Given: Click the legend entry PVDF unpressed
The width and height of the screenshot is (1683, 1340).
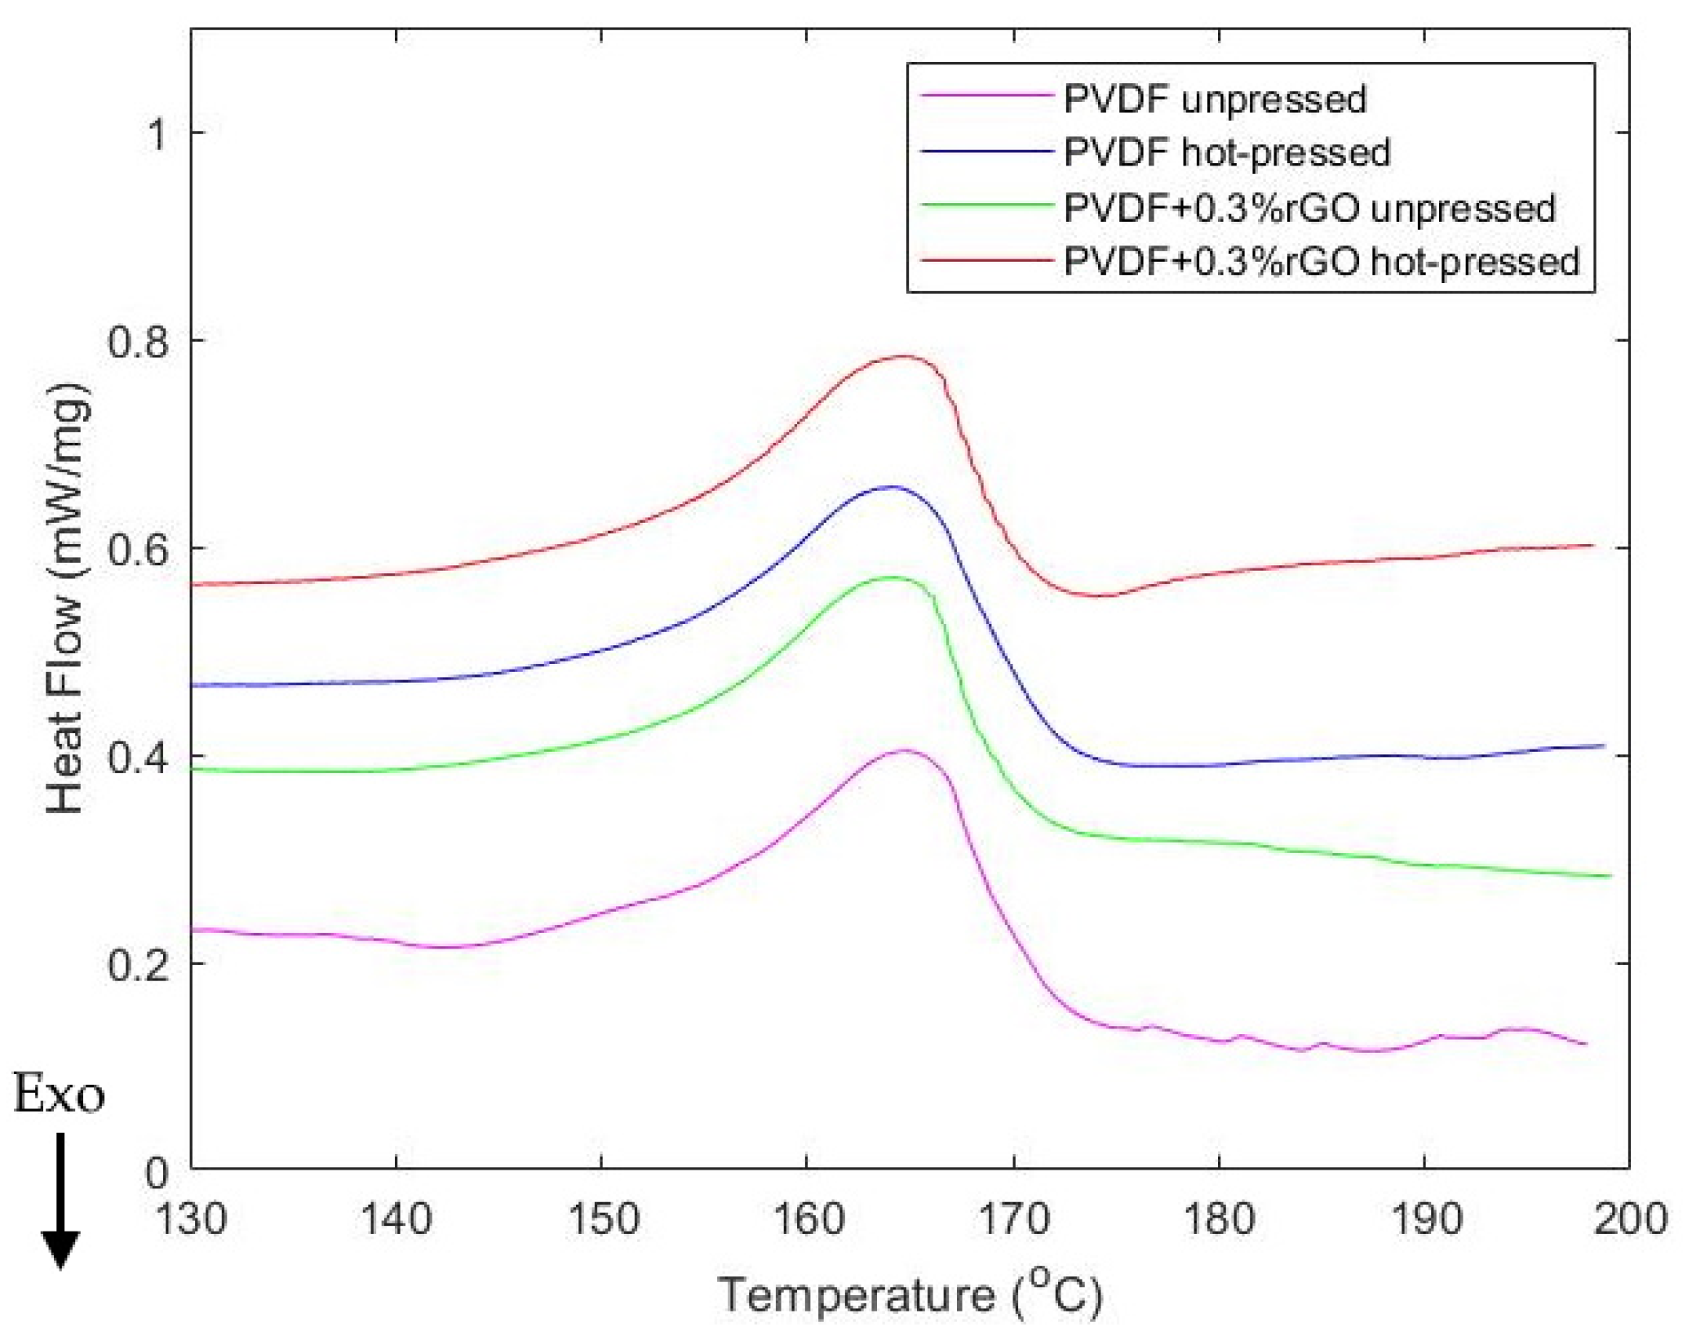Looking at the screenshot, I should pyautogui.click(x=1215, y=100).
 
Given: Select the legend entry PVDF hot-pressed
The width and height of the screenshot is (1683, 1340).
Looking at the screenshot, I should pyautogui.click(x=1227, y=153).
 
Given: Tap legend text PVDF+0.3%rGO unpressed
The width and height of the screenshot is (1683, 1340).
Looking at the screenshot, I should pyautogui.click(x=1309, y=209).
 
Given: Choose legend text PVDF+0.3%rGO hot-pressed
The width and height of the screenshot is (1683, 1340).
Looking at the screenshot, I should pyautogui.click(x=1322, y=262).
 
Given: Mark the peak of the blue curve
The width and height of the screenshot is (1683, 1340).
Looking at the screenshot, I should pyautogui.click(x=891, y=487).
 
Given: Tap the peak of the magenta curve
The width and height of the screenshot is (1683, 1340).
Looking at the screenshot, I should pyautogui.click(x=903, y=750).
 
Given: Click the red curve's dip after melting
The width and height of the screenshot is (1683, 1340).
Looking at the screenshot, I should pyautogui.click(x=1097, y=595).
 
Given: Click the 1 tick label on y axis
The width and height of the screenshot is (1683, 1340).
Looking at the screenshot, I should pyautogui.click(x=156, y=134).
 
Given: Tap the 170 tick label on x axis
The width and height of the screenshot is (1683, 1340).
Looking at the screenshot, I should pyautogui.click(x=1014, y=1220).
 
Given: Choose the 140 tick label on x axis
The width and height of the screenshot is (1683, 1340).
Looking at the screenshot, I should pyautogui.click(x=396, y=1220).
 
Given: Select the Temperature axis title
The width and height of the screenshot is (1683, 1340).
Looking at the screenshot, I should pyautogui.click(x=910, y=1295).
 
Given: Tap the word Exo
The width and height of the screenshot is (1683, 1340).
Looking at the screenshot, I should pyautogui.click(x=59, y=1095).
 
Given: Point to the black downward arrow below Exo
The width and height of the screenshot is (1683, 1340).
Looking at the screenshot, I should pyautogui.click(x=60, y=1199).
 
